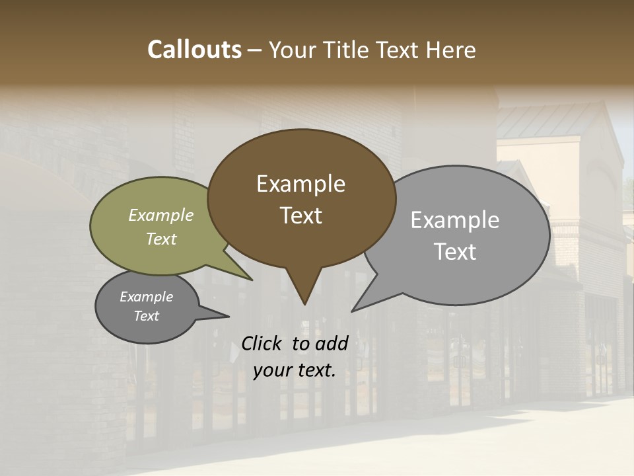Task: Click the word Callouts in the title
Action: point(194,50)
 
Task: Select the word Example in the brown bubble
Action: point(300,184)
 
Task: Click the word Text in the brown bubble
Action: point(300,216)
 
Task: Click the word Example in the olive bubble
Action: point(160,215)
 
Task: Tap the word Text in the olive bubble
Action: point(160,239)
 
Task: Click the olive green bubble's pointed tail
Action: point(247,276)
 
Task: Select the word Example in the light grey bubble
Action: point(454,220)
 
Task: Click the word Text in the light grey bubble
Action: point(454,252)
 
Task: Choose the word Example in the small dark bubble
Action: point(146,297)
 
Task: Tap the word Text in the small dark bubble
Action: point(146,316)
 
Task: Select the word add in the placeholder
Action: point(332,343)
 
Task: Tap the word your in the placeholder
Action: point(272,370)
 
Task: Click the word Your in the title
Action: point(293,50)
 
